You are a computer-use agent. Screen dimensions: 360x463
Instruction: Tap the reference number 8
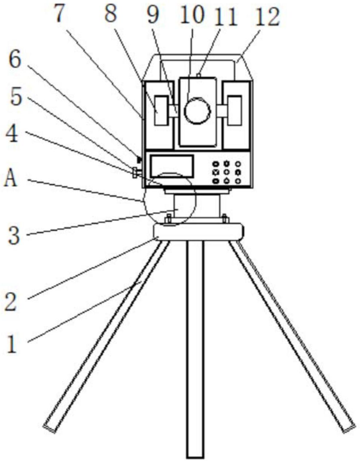[111, 13]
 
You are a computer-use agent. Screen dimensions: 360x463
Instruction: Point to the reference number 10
[192, 15]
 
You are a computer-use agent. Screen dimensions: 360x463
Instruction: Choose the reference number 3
[14, 236]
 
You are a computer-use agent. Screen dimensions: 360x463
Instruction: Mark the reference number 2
[11, 301]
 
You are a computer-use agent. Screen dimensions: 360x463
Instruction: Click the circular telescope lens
[197, 110]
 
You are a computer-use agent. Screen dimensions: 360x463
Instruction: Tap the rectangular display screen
[172, 167]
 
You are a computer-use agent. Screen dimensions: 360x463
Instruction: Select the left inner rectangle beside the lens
[161, 110]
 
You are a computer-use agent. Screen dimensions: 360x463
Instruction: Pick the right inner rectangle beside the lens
[235, 110]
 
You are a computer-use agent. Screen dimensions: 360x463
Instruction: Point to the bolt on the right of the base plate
[225, 219]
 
